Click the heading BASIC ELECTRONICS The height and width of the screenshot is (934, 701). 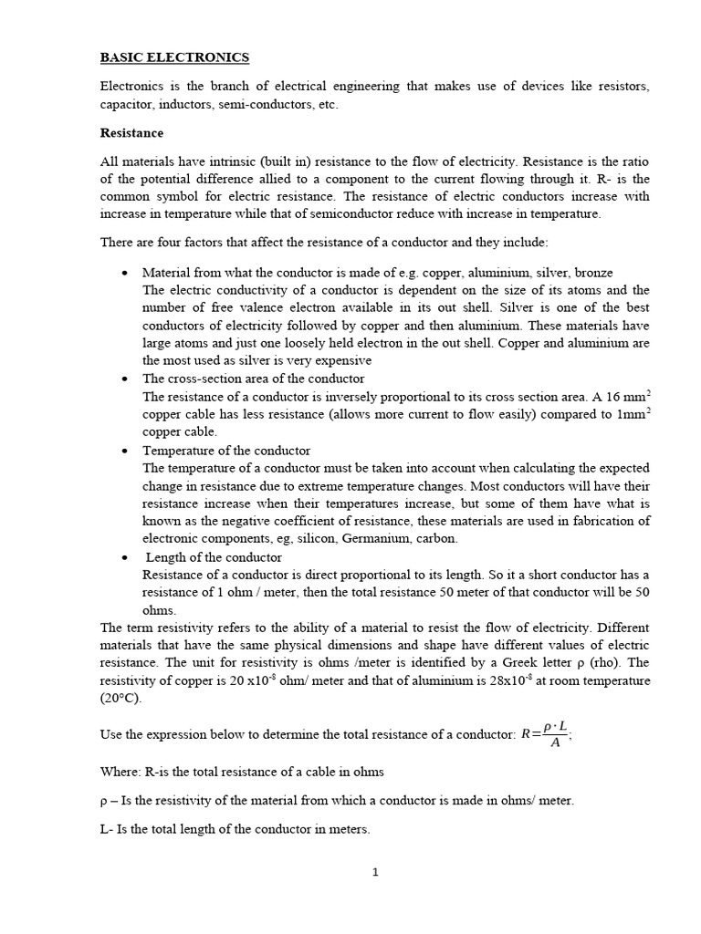(x=173, y=57)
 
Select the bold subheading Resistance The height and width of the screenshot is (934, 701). (x=131, y=133)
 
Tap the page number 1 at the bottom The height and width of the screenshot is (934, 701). (x=374, y=872)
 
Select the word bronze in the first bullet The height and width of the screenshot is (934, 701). (x=592, y=273)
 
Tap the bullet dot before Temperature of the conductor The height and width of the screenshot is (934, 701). (x=124, y=451)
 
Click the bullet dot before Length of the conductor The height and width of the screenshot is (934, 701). (x=124, y=557)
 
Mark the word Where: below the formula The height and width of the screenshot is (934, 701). (x=120, y=772)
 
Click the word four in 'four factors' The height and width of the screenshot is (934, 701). (x=162, y=242)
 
